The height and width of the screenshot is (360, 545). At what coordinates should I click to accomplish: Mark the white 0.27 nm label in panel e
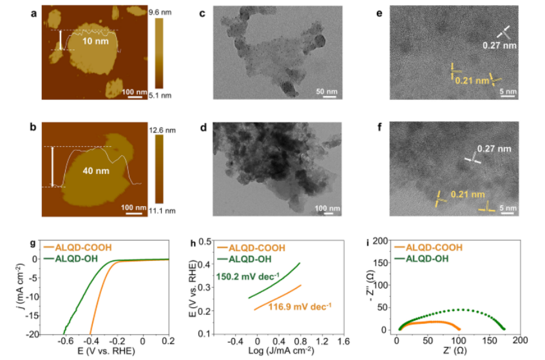[x=499, y=46]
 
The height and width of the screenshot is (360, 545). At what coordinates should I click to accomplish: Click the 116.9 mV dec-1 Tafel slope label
[x=300, y=307]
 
